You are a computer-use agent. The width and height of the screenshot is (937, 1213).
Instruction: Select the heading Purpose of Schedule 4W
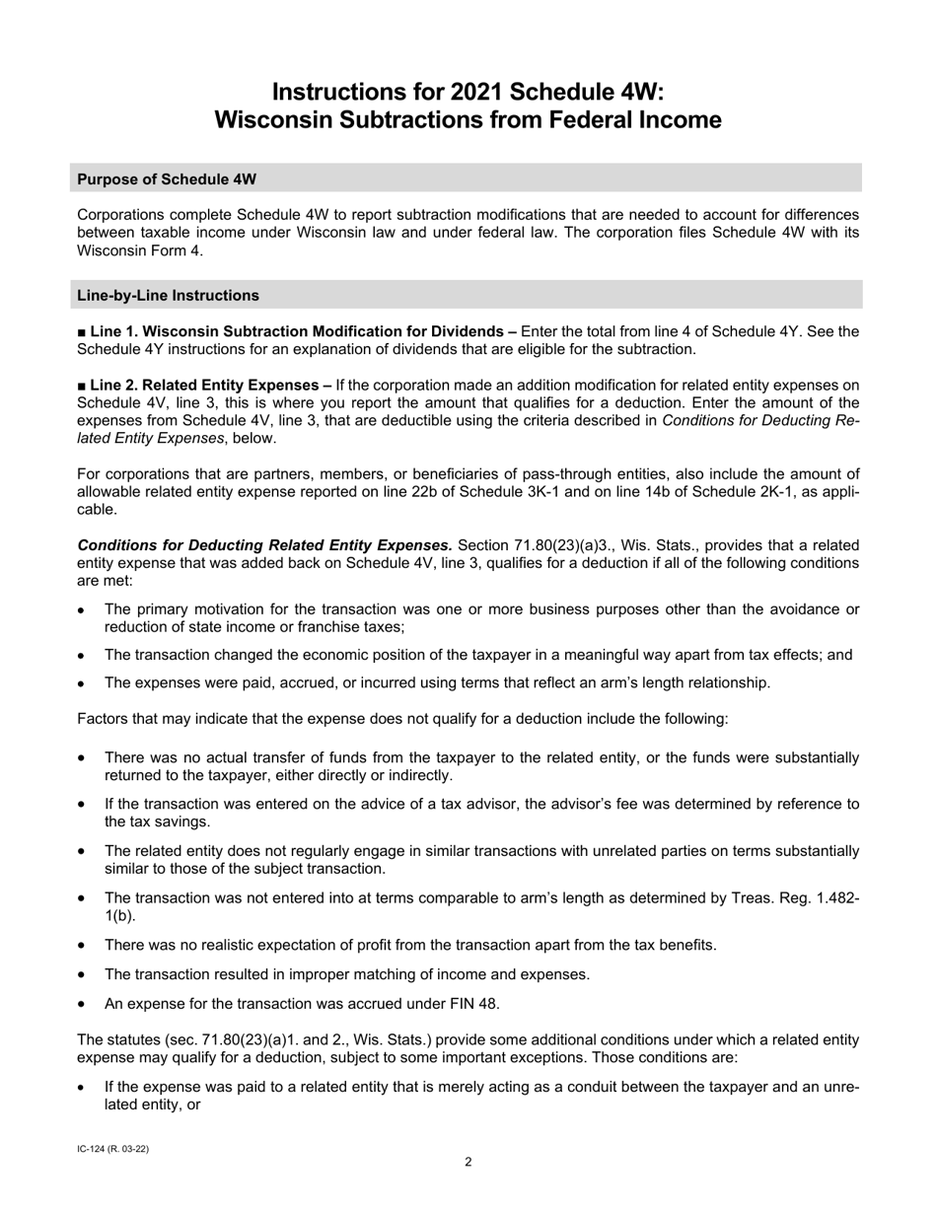(x=167, y=178)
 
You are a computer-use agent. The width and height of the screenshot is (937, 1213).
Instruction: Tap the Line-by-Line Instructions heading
(x=168, y=295)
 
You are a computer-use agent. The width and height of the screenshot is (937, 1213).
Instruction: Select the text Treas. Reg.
(x=777, y=897)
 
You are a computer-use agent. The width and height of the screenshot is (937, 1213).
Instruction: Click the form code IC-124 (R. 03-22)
(x=112, y=1149)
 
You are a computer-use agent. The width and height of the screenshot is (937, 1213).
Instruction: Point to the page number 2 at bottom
(x=468, y=1162)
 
